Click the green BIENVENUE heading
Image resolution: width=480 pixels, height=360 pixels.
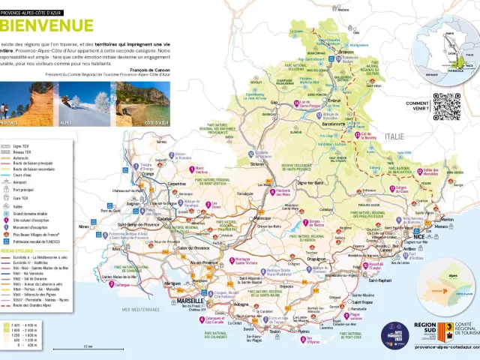(x=47, y=25)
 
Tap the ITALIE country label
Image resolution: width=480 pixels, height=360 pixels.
(x=394, y=137)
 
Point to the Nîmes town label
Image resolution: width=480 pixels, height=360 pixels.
(x=83, y=226)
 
